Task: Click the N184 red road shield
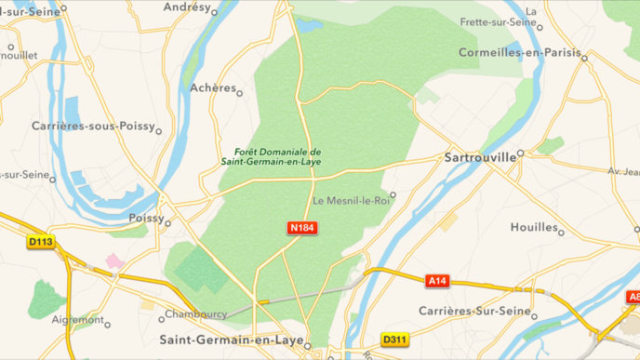[302, 228]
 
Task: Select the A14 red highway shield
[437, 280]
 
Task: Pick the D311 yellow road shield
[394, 340]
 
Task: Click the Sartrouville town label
[480, 157]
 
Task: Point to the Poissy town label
[144, 218]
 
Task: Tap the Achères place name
[212, 87]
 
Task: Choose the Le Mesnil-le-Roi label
[350, 200]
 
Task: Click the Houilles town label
[533, 227]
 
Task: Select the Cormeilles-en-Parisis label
[517, 53]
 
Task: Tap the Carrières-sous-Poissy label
[91, 126]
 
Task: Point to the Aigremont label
[76, 319]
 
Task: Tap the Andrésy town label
[186, 7]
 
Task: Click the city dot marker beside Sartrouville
[521, 153]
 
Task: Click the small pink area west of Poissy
[115, 261]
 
